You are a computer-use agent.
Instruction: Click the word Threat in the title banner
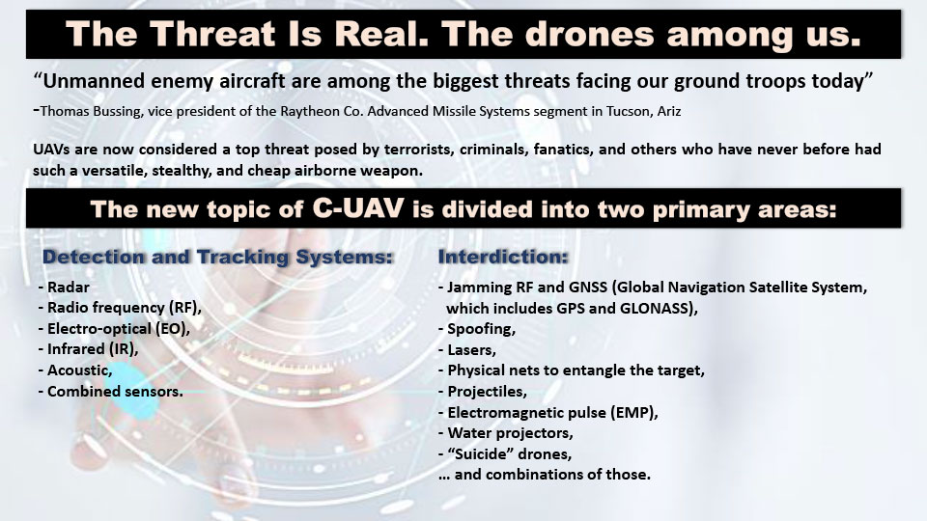(218, 34)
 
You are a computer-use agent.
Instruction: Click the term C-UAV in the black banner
(358, 208)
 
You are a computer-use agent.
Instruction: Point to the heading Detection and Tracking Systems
(217, 257)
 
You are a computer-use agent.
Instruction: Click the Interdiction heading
(503, 257)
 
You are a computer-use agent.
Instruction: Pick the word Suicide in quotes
(481, 453)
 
